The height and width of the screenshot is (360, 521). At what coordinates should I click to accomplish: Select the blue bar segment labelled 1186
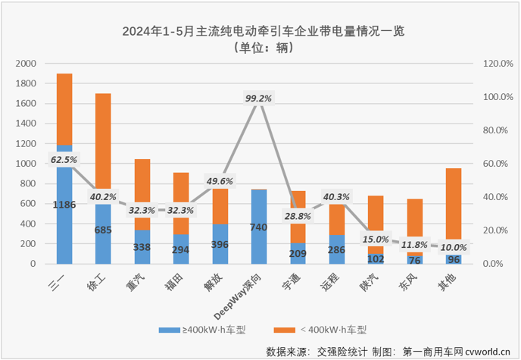pyautogui.click(x=64, y=204)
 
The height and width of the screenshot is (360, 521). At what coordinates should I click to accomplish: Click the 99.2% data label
pyautogui.click(x=258, y=98)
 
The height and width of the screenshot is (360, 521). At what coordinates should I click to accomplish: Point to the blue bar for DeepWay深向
pyautogui.click(x=258, y=227)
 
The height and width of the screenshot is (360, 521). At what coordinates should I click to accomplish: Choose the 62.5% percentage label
pyautogui.click(x=64, y=160)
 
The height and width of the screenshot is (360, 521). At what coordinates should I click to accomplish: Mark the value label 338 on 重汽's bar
pyautogui.click(x=142, y=246)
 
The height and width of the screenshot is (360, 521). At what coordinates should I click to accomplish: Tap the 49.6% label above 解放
pyautogui.click(x=220, y=181)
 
